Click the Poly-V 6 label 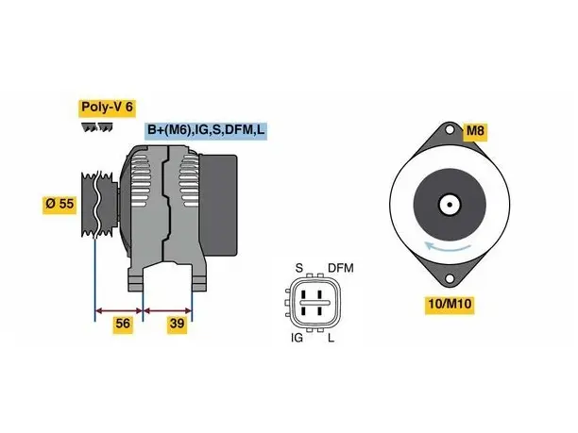[x=107, y=108]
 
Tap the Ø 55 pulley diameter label [x=59, y=204]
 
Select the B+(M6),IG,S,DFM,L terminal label [x=206, y=130]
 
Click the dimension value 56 [x=123, y=324]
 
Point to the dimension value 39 [x=177, y=324]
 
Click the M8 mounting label [x=475, y=131]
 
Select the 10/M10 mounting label [x=450, y=304]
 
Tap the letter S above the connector [x=299, y=268]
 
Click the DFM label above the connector [x=341, y=268]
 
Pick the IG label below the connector [x=297, y=338]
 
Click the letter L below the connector [x=331, y=338]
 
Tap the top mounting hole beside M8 [x=450, y=130]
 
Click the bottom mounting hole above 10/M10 [x=450, y=278]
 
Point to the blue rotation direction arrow [x=448, y=247]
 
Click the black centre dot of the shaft [x=450, y=204]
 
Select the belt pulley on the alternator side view [x=99, y=204]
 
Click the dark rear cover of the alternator [x=218, y=205]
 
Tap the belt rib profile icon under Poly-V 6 [x=97, y=127]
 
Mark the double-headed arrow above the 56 [x=119, y=311]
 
